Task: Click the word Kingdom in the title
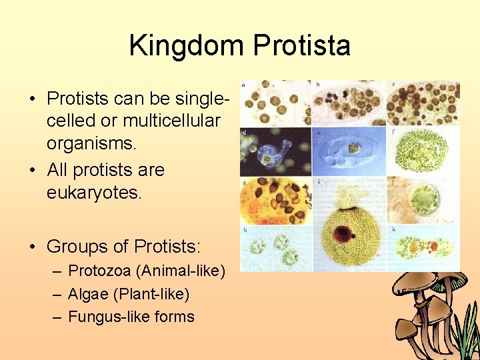coord(187,46)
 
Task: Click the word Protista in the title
coord(301,46)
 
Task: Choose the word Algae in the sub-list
coord(87,294)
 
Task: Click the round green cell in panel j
coord(424,198)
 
